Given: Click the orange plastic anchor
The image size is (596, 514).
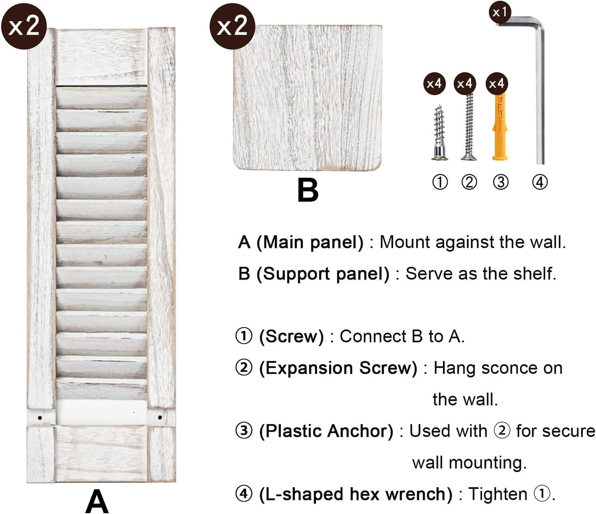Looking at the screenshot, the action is tap(500, 127).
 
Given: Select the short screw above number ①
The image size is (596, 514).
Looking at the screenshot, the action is tap(439, 132).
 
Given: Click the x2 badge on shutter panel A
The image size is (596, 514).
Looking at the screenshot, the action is tap(24, 26).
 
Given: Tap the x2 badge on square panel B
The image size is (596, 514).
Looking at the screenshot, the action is tap(232, 26).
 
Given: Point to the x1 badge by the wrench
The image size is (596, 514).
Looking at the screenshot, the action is tap(500, 12).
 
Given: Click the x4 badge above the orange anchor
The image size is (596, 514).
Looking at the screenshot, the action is tap(497, 84).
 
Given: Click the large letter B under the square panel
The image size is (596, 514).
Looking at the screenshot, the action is tap(308, 190).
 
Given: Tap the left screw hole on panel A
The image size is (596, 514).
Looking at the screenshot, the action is tap(40, 418).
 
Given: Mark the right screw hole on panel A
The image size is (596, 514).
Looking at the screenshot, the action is tap(160, 417).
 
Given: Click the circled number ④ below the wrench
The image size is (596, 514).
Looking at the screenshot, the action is tap(540, 182).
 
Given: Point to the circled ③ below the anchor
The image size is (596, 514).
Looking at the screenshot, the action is tap(501, 182).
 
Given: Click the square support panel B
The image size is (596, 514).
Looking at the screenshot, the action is tap(308, 97).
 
